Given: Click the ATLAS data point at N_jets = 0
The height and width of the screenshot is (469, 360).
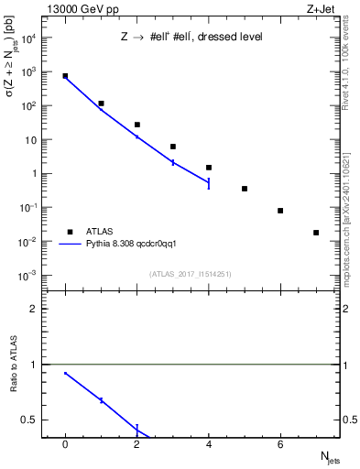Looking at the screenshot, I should (65, 76).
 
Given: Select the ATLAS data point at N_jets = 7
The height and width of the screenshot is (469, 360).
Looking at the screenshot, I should (316, 233).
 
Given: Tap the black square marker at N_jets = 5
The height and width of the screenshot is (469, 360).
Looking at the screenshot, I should (245, 189).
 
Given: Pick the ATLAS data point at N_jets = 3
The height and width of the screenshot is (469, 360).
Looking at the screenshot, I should (172, 147).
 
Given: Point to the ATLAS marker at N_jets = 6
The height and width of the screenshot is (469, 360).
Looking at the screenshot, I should (280, 211).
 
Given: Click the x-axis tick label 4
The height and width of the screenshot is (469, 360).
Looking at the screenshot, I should (209, 444).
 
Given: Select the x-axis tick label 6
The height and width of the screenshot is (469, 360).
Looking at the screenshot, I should (280, 444).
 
